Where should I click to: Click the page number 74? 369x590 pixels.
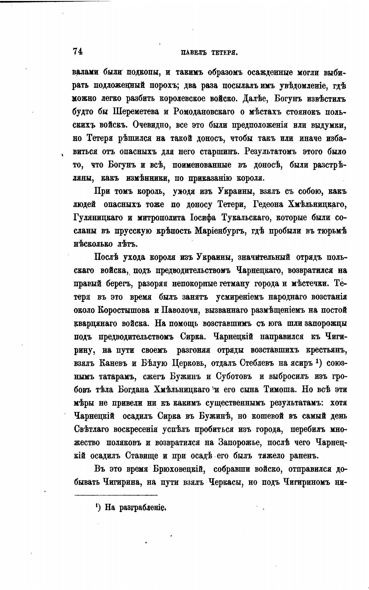point(78,51)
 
